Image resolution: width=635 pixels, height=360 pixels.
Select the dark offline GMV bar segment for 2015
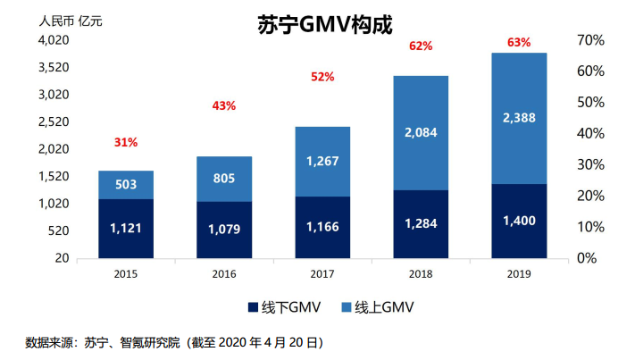point(126,229)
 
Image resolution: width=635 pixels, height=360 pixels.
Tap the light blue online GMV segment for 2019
point(519,118)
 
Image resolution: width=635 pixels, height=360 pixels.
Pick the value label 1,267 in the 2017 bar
point(322,162)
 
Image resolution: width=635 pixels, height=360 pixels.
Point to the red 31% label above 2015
point(126,142)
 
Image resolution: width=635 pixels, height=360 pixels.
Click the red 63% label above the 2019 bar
point(519,42)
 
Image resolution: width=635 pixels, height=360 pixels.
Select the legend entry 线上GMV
point(374,307)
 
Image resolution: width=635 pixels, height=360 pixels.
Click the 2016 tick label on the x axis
point(224,274)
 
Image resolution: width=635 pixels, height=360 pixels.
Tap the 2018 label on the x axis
point(421,274)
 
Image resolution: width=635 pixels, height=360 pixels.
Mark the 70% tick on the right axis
point(591,40)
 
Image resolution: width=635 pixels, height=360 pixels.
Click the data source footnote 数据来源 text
point(174,342)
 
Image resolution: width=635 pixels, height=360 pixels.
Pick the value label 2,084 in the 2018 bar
point(421,133)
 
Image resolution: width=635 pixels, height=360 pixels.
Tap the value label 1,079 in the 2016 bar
point(224,230)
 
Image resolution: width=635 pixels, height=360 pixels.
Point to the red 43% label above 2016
point(224,106)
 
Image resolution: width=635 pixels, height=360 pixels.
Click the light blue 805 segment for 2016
point(224,179)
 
